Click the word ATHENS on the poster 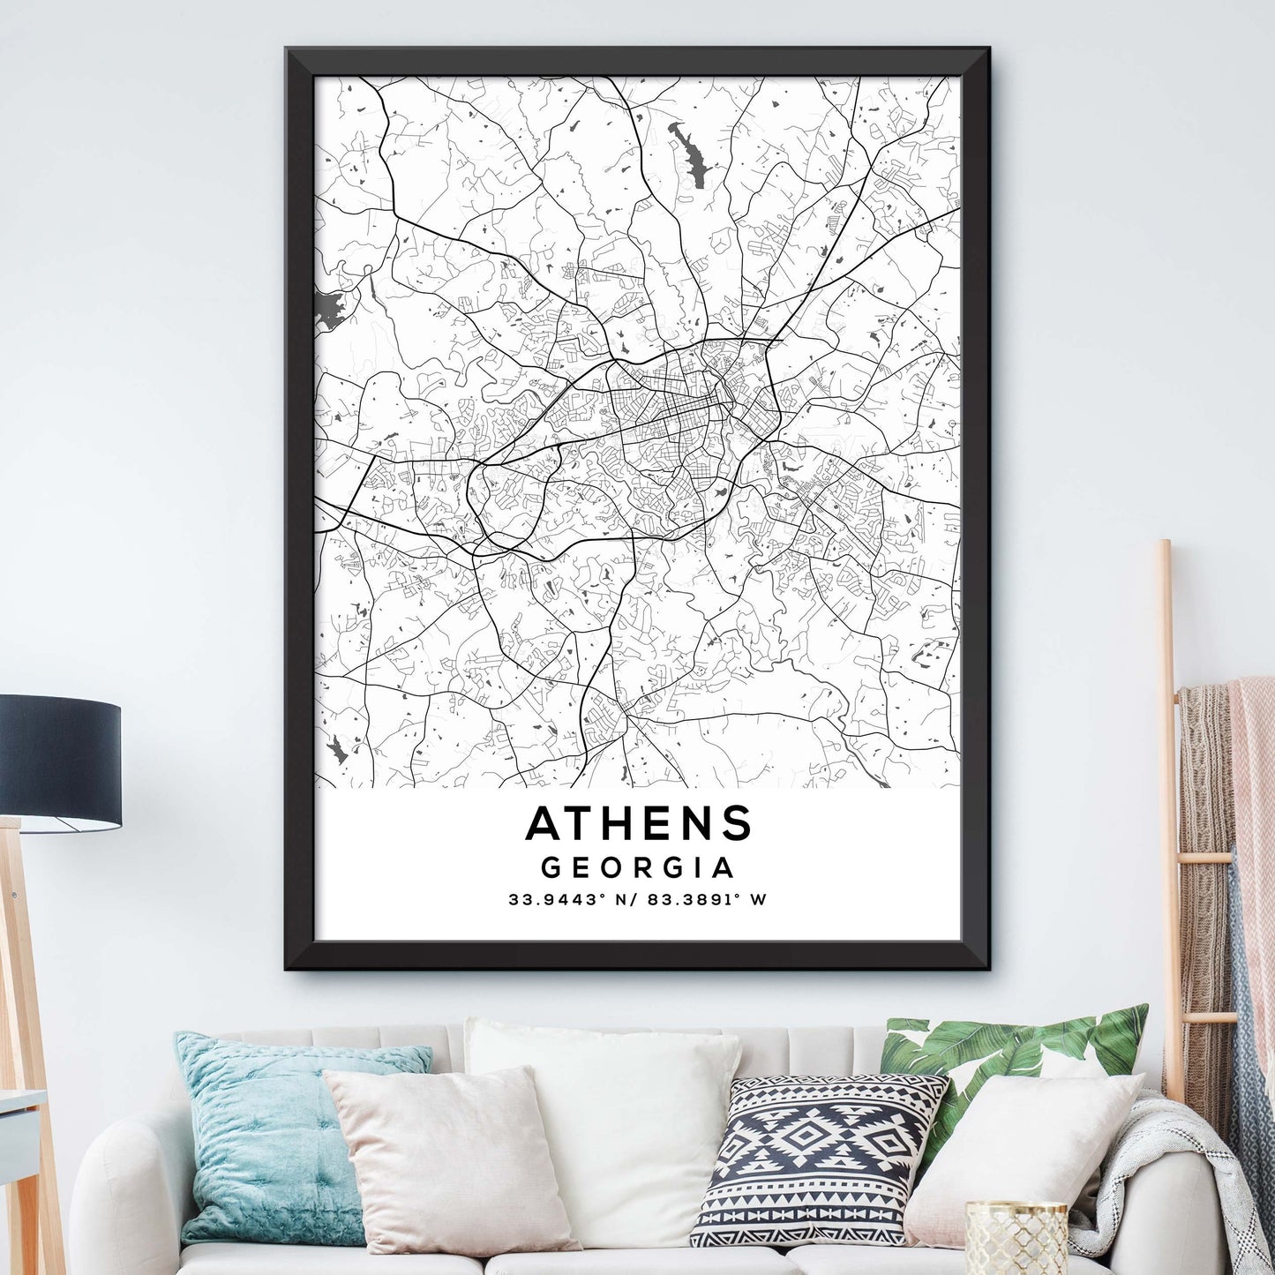coord(638,823)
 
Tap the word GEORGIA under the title coord(637,867)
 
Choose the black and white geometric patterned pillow coord(816,1156)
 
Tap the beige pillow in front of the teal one coord(450,1156)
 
